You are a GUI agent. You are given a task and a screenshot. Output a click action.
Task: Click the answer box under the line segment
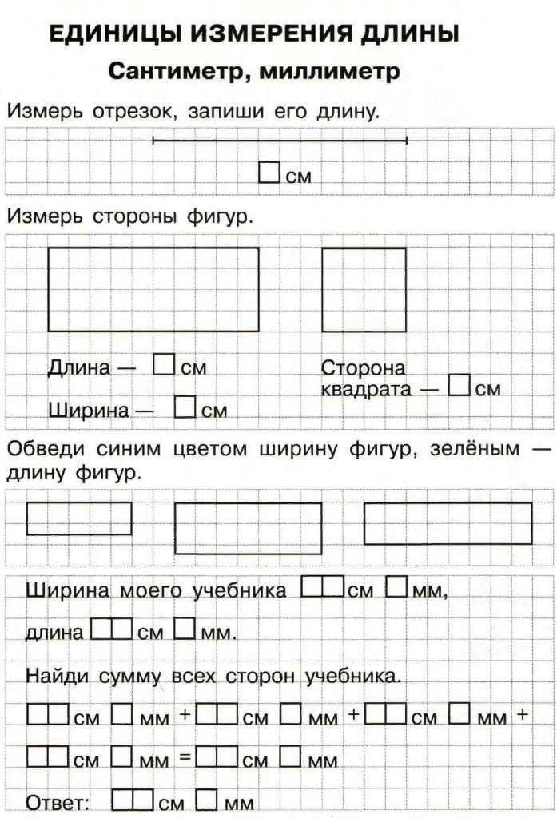coord(269,173)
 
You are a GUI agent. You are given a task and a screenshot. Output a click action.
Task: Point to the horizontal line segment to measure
coord(280,141)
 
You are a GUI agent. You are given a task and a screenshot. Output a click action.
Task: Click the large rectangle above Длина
coord(153,288)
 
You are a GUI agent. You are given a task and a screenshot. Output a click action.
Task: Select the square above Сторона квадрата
coord(364,288)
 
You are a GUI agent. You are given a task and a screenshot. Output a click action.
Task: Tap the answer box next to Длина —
coord(164,365)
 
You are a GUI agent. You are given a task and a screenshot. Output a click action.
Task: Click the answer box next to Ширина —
coord(185,407)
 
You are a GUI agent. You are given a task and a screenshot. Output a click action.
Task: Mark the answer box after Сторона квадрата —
coord(459,386)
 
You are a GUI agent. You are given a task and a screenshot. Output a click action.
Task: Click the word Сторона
coord(363,368)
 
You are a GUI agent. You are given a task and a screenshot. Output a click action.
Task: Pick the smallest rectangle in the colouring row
coord(79,518)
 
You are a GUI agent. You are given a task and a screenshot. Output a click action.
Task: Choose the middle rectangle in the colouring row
coord(249,528)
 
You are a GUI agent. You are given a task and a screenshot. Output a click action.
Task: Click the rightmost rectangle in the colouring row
coord(448,522)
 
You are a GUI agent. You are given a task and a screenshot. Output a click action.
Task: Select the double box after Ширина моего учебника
coord(324,588)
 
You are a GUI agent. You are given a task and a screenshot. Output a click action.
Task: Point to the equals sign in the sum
coord(182,756)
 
